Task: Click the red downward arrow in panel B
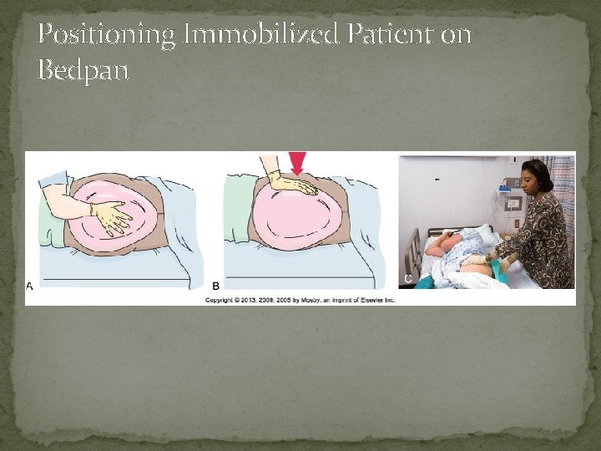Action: click(x=297, y=163)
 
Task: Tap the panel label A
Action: click(x=31, y=286)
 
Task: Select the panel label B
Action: click(x=215, y=286)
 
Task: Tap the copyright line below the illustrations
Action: click(x=300, y=299)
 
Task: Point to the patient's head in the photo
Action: click(x=436, y=246)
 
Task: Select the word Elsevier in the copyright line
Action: click(x=372, y=299)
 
